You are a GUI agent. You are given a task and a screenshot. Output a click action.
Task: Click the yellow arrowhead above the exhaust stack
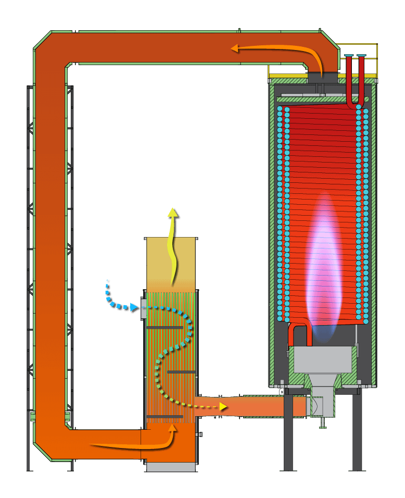(172, 212)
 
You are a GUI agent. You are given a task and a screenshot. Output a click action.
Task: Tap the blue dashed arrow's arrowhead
(134, 307)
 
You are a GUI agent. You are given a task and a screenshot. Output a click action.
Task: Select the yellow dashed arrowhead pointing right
(223, 406)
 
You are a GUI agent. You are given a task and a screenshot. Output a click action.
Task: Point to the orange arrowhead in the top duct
(235, 48)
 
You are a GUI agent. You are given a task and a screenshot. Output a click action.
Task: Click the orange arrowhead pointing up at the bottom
(172, 429)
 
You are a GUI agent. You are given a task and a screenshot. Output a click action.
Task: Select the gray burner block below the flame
(323, 359)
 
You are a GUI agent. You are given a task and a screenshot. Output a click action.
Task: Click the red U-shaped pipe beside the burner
(300, 329)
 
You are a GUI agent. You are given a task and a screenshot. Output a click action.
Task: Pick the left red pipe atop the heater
(349, 78)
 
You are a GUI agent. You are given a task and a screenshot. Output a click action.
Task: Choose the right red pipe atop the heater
(361, 78)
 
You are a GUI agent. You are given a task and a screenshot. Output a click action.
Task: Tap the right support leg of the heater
(357, 432)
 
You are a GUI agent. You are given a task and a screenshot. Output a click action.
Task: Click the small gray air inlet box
(144, 308)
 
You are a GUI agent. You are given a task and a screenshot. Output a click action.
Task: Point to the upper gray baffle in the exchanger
(164, 328)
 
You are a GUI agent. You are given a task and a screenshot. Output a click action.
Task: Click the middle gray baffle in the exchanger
(181, 372)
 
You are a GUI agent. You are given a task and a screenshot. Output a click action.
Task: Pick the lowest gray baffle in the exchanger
(164, 417)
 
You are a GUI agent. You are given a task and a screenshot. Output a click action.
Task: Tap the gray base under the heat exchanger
(171, 467)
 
